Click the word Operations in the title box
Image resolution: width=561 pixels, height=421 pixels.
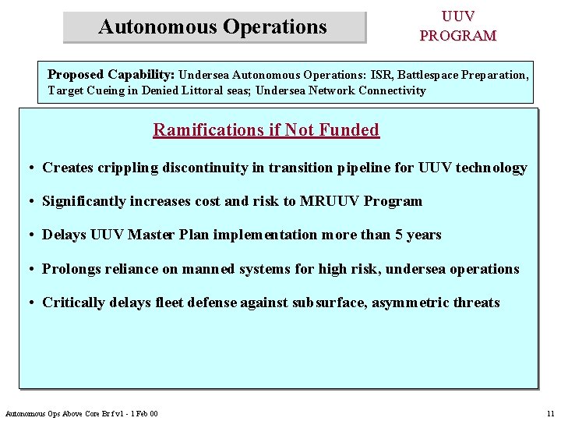click(275, 27)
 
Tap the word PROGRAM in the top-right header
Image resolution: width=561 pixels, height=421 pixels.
click(457, 36)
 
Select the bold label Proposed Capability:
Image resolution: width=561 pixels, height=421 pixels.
click(111, 75)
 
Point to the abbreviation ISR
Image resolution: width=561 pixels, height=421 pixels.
click(381, 76)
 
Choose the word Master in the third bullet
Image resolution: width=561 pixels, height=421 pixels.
click(155, 235)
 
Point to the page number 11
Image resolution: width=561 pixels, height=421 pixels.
click(550, 413)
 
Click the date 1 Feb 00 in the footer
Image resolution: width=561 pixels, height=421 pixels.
click(143, 413)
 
